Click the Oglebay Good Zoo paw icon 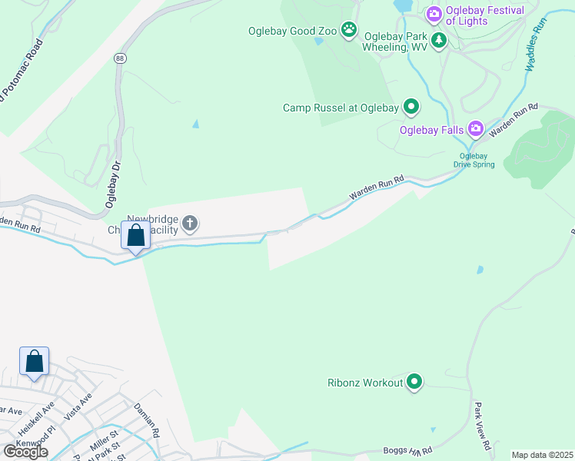(x=349, y=30)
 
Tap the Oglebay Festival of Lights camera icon (x=434, y=13)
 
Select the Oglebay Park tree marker (x=439, y=40)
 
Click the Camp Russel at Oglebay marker (x=412, y=108)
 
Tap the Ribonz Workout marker (x=415, y=381)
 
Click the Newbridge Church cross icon (x=189, y=224)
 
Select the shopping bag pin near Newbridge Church (x=136, y=236)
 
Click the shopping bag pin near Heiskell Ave (x=35, y=361)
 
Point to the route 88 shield (x=119, y=58)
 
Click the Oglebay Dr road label (x=113, y=185)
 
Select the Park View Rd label (x=482, y=426)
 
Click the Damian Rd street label (x=145, y=420)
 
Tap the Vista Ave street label (x=78, y=405)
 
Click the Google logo (x=25, y=451)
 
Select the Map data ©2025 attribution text (x=542, y=455)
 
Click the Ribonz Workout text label (x=365, y=382)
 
